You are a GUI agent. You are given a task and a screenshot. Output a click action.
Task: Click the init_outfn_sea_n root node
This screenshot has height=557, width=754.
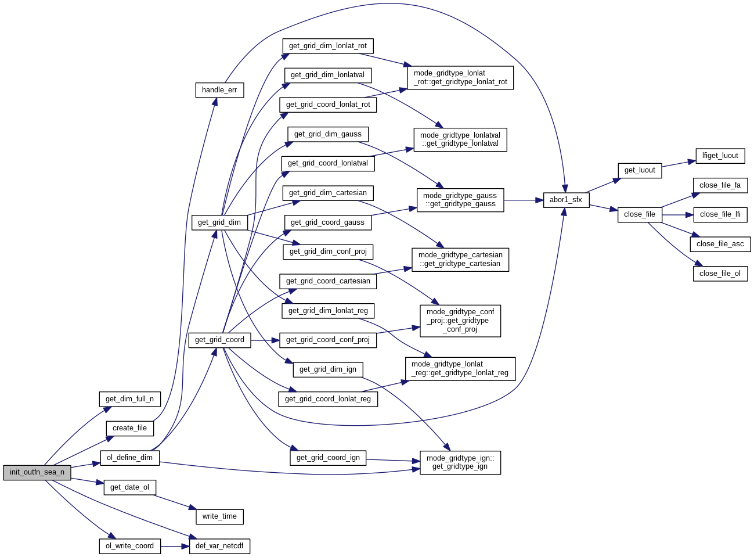coord(37,472)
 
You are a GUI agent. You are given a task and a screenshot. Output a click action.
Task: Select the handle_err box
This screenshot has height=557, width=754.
coord(219,90)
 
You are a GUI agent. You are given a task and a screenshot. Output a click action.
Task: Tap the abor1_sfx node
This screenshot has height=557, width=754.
coord(566,200)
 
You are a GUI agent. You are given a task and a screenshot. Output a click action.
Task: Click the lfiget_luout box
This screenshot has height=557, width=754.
coord(720,156)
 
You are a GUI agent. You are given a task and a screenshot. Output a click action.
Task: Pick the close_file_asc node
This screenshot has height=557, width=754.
coord(720,244)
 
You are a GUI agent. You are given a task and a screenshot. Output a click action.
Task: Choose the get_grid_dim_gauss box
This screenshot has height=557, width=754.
coord(327,134)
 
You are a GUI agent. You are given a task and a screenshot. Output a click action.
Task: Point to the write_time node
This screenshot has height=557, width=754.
coord(219,516)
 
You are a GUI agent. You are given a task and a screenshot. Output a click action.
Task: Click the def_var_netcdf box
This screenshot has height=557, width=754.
coord(219,546)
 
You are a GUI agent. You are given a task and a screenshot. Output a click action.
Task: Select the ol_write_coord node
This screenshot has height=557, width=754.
coord(129,546)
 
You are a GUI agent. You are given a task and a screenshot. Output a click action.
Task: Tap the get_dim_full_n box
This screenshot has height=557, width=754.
coord(129,399)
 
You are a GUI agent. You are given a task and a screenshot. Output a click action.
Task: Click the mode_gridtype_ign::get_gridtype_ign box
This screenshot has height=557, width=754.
coord(460,462)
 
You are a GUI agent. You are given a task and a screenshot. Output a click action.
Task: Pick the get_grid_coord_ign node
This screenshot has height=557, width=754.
coord(328,458)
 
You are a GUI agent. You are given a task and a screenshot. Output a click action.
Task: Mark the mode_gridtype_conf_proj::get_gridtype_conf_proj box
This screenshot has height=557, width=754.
coord(460,321)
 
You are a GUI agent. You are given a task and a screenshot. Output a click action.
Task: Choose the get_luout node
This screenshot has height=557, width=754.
coord(640,170)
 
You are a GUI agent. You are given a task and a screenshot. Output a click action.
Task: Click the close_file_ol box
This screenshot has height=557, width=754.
coord(720,274)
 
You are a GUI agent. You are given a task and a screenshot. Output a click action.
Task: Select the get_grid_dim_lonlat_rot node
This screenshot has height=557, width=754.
coord(327,46)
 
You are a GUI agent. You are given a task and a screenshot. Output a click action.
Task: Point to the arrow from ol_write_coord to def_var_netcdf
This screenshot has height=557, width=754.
coord(175,546)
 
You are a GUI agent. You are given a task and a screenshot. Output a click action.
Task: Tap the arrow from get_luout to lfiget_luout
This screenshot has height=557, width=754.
coord(679,163)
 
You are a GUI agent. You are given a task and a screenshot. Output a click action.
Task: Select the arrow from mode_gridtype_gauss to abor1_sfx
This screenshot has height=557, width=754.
coord(524,200)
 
